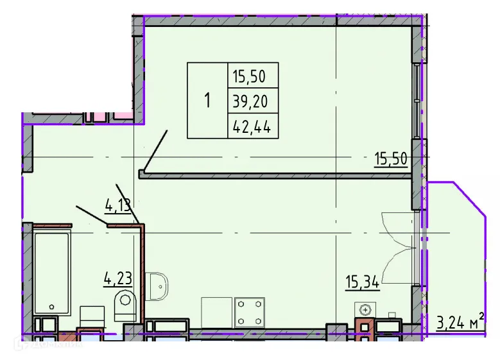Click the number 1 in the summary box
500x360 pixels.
207,101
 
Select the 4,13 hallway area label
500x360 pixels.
118,205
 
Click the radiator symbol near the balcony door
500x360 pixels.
365,308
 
